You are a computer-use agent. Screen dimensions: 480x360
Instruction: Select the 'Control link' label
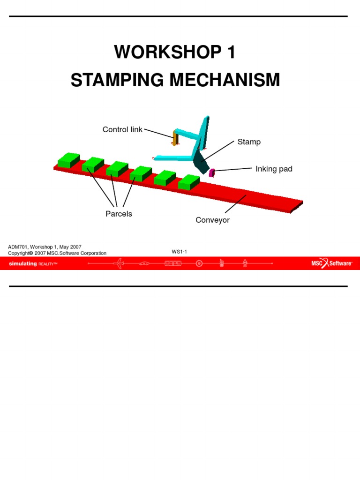pos(122,130)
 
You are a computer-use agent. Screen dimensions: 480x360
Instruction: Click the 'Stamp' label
pos(248,142)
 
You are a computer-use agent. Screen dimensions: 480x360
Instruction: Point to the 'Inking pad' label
pos(274,169)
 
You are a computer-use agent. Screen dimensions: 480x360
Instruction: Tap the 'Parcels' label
pos(119,214)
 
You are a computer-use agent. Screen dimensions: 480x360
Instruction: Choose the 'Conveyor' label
pos(212,220)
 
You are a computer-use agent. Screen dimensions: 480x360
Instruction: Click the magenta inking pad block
pos(211,172)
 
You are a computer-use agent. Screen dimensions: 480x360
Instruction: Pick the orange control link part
pos(175,138)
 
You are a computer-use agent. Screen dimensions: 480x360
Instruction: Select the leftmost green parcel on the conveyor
pos(68,160)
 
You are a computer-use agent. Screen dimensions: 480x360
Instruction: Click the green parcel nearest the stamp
pos(189,182)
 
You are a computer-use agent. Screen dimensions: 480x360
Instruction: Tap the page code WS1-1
pos(179,252)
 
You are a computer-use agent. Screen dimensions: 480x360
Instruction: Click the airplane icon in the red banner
pos(119,263)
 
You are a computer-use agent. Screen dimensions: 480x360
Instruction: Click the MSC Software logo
pos(331,263)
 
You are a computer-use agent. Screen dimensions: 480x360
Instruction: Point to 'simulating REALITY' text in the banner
pos(33,264)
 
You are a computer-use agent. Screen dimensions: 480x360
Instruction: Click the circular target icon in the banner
pos(199,263)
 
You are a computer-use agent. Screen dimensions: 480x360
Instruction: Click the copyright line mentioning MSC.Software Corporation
pos(57,253)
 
